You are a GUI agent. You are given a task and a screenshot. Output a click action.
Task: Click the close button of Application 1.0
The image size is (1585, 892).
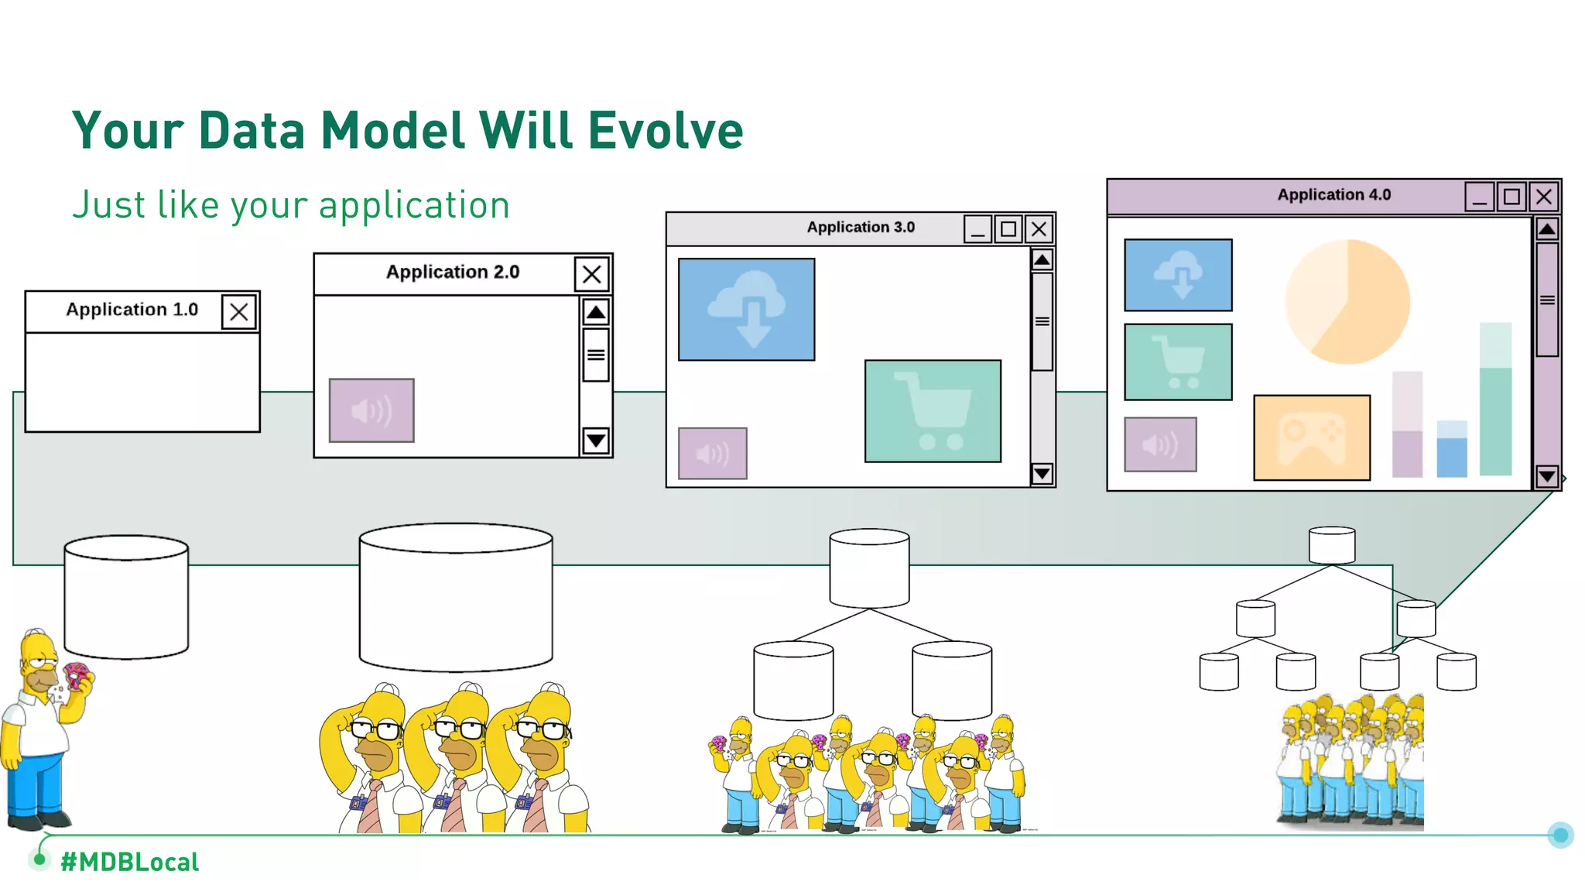238,312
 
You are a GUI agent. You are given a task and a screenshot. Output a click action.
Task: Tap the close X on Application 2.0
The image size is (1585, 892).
592,274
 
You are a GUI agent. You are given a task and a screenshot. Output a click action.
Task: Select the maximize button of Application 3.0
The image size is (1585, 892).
1008,229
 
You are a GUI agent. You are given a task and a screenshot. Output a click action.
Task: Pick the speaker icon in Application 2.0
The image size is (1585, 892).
371,410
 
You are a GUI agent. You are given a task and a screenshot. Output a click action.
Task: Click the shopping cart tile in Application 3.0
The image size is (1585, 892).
933,410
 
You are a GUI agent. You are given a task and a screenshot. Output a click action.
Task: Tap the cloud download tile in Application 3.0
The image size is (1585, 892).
746,309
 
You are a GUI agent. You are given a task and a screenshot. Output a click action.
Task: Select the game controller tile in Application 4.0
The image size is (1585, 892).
1312,437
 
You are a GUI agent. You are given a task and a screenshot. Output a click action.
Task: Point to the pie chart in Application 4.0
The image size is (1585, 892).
1347,301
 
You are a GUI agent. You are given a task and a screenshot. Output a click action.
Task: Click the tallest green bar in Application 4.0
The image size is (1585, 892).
1495,399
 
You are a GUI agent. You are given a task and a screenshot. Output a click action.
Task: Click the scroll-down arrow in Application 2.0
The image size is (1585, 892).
596,441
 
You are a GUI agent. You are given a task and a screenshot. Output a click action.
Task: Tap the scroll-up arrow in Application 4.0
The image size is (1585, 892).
1546,229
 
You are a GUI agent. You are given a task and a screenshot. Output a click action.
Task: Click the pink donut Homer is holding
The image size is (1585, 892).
76,674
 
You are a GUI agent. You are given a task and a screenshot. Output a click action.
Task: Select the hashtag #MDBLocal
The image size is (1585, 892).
129,862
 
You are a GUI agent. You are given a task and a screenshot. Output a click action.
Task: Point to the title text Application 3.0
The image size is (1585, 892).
861,228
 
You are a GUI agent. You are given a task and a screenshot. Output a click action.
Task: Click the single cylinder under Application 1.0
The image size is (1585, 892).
126,597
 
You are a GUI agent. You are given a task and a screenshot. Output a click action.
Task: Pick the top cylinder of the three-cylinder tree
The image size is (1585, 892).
869,568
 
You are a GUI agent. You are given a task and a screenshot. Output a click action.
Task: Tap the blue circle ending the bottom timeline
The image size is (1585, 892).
1560,835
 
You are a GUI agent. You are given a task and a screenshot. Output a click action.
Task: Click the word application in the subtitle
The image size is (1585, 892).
414,206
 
